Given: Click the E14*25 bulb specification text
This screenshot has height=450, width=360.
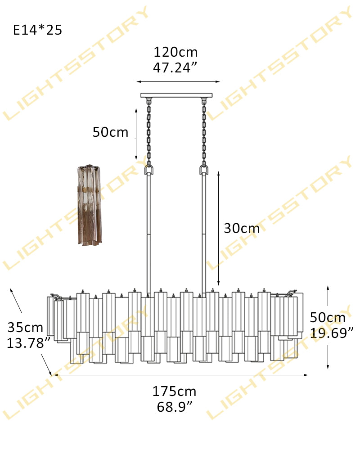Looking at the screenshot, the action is coord(38,30).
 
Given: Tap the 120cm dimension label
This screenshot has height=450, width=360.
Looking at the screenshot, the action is coord(175,52).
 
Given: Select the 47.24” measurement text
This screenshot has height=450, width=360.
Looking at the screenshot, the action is coord(175,68).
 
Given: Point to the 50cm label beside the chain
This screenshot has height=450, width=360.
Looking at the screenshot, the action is coord(110,132).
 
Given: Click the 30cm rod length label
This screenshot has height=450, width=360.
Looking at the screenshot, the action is coord(242,229).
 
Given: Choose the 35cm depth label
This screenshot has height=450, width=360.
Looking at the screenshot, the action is coord(25,328).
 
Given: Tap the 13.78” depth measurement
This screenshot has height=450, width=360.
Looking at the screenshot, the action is coord(29,343).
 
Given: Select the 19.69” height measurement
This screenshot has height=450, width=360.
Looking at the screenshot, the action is coord(332,333).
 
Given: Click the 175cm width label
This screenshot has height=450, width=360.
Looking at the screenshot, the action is coord(174,391).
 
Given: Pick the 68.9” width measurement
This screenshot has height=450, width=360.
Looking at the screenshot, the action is coord(175,407).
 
